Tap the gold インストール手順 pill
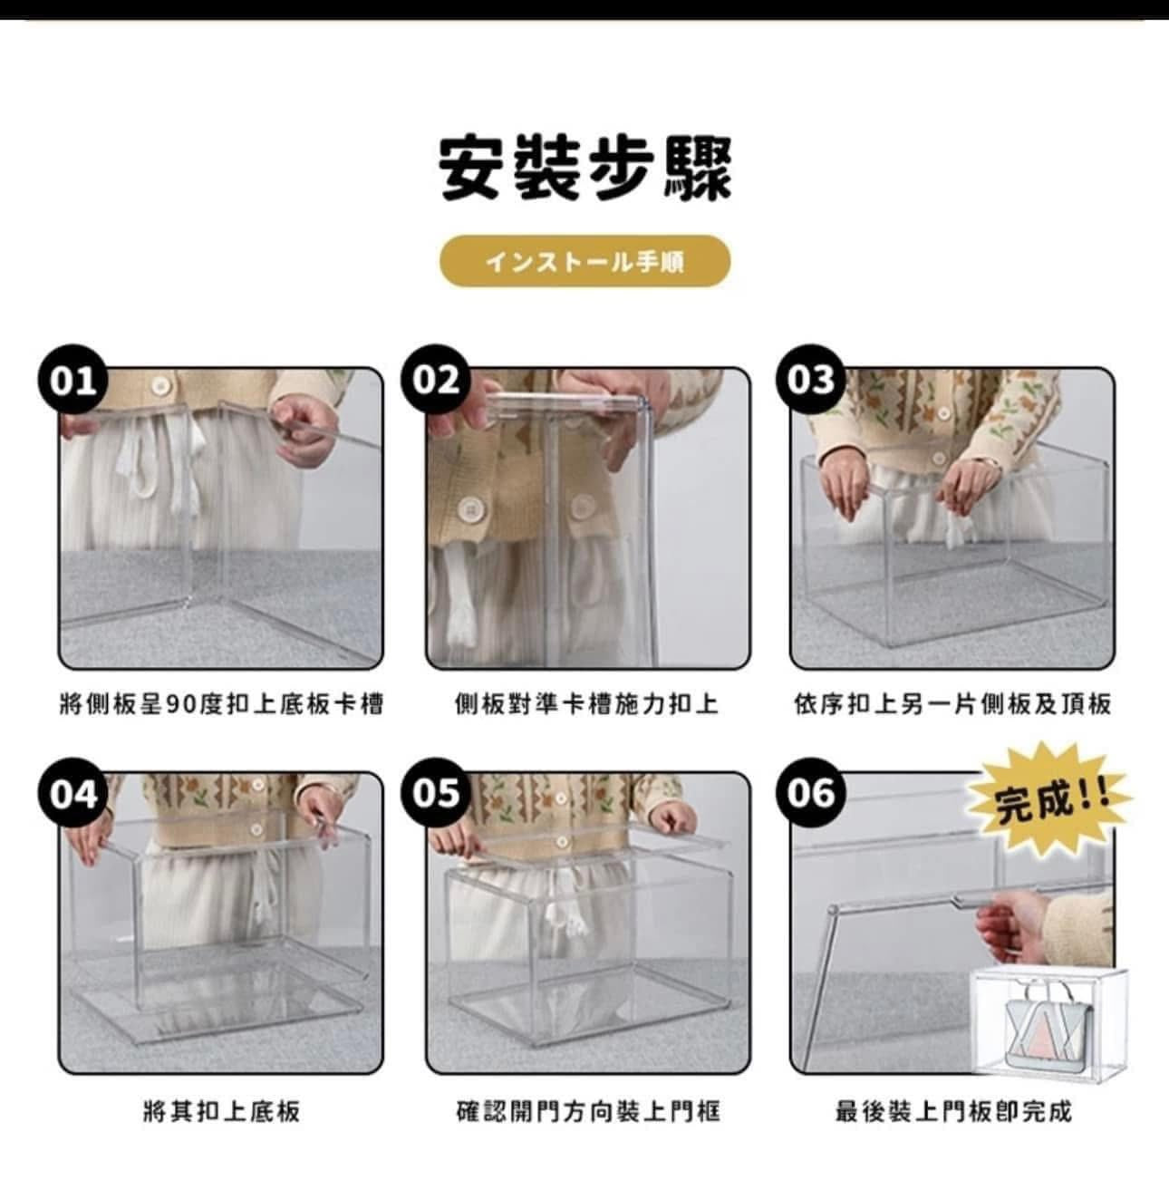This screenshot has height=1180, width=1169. pyautogui.click(x=584, y=262)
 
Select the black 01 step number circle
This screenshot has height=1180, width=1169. pyautogui.click(x=73, y=379)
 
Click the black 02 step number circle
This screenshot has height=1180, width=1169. pyautogui.click(x=436, y=379)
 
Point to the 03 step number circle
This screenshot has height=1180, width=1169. pyautogui.click(x=811, y=379)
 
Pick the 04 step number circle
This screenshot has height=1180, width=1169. pyautogui.click(x=73, y=794)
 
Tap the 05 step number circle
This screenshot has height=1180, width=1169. pyautogui.click(x=436, y=794)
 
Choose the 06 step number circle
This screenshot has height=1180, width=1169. pyautogui.click(x=811, y=794)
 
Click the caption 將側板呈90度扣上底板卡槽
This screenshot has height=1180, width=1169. pyautogui.click(x=221, y=704)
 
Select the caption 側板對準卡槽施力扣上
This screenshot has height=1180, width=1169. pyautogui.click(x=586, y=704)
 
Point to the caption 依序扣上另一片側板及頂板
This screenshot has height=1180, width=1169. pyautogui.click(x=952, y=704)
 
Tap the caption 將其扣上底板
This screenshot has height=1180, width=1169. pyautogui.click(x=221, y=1111)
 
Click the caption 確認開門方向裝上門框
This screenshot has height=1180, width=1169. pyautogui.click(x=587, y=1111)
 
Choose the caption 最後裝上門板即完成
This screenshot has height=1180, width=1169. pyautogui.click(x=953, y=1111)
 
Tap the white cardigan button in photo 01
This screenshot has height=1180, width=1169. pyautogui.click(x=161, y=386)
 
